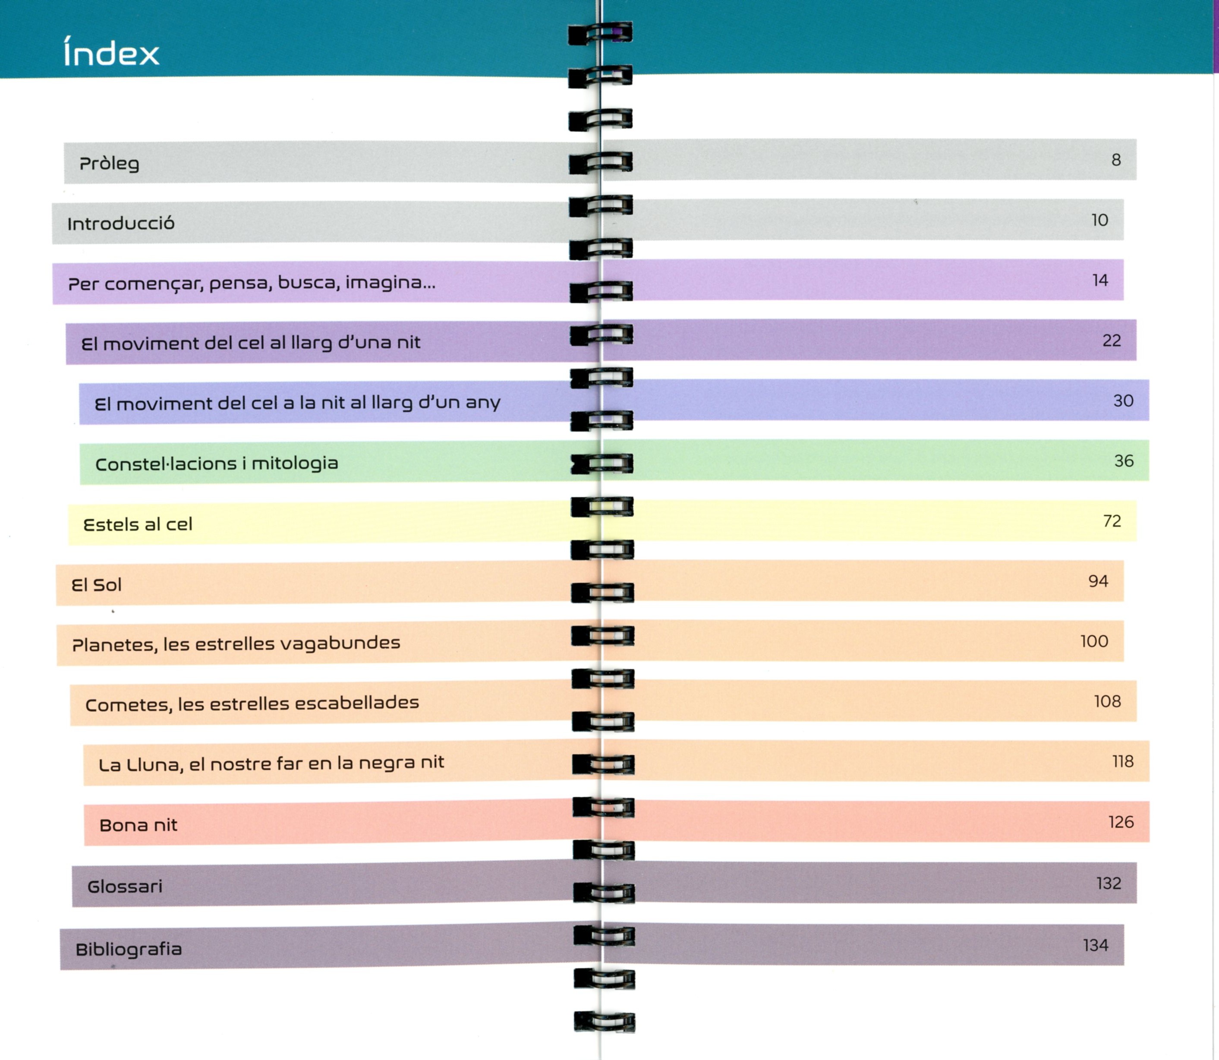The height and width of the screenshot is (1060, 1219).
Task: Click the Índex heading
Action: pyautogui.click(x=111, y=52)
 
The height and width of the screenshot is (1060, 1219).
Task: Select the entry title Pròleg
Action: pyautogui.click(x=110, y=163)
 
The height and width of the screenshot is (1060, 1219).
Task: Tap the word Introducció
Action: pyautogui.click(x=121, y=224)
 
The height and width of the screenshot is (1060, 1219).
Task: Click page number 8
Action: pyautogui.click(x=1115, y=160)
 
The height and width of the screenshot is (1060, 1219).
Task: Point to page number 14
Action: pyautogui.click(x=1099, y=281)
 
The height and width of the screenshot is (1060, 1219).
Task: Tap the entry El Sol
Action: pyautogui.click(x=96, y=585)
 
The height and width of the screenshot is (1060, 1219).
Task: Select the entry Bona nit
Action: pyautogui.click(x=139, y=825)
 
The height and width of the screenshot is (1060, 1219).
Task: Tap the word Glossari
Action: pyautogui.click(x=125, y=886)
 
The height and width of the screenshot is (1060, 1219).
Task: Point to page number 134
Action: pyautogui.click(x=1096, y=945)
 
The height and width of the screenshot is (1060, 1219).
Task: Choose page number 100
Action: pyautogui.click(x=1093, y=641)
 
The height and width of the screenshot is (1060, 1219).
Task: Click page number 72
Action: pyautogui.click(x=1112, y=521)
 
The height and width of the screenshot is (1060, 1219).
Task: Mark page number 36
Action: pyautogui.click(x=1124, y=461)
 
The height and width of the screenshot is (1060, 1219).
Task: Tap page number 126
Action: pyautogui.click(x=1121, y=822)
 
